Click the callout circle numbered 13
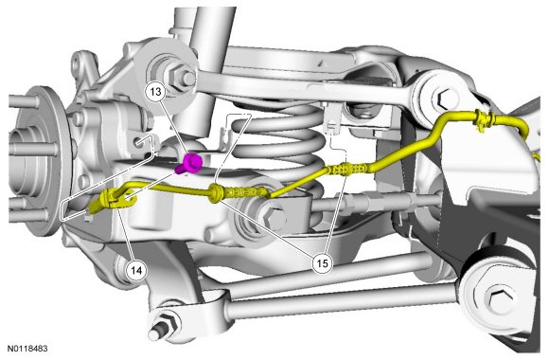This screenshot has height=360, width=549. click(x=156, y=92)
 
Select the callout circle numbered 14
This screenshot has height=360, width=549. click(x=136, y=270)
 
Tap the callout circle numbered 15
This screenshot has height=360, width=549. click(x=322, y=262)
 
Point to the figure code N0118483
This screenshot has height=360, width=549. click(x=27, y=349)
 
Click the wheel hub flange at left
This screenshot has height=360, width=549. click(x=42, y=160)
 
